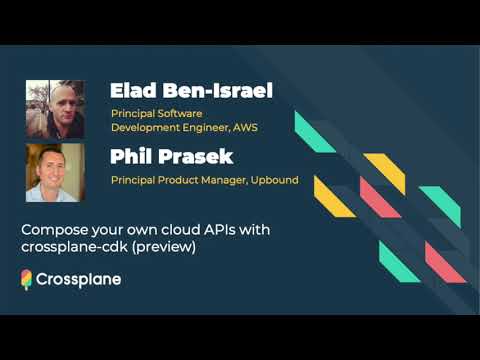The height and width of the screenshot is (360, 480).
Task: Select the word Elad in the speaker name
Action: pos(133,92)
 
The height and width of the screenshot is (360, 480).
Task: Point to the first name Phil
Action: pos(130,156)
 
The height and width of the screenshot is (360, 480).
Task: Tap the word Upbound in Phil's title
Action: pos(271,180)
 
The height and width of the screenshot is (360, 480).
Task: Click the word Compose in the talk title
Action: pos(52,230)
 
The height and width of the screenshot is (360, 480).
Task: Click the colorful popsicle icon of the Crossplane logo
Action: pos(27,280)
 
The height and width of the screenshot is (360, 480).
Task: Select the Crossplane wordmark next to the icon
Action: pos(79,280)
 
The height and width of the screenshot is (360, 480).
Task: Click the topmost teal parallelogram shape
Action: pos(315,132)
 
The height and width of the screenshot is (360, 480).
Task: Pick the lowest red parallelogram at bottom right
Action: pos(445,262)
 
